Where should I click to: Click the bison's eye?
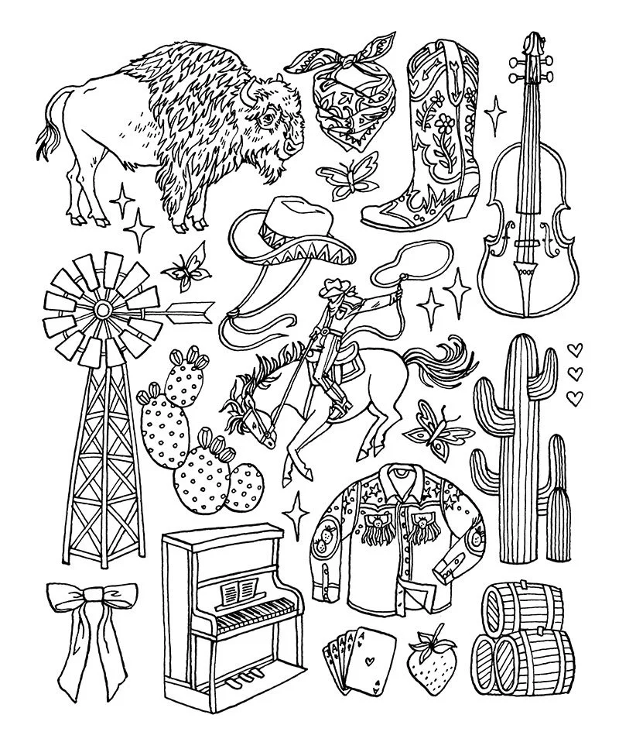[268, 119]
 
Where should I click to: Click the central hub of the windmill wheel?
[100, 311]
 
